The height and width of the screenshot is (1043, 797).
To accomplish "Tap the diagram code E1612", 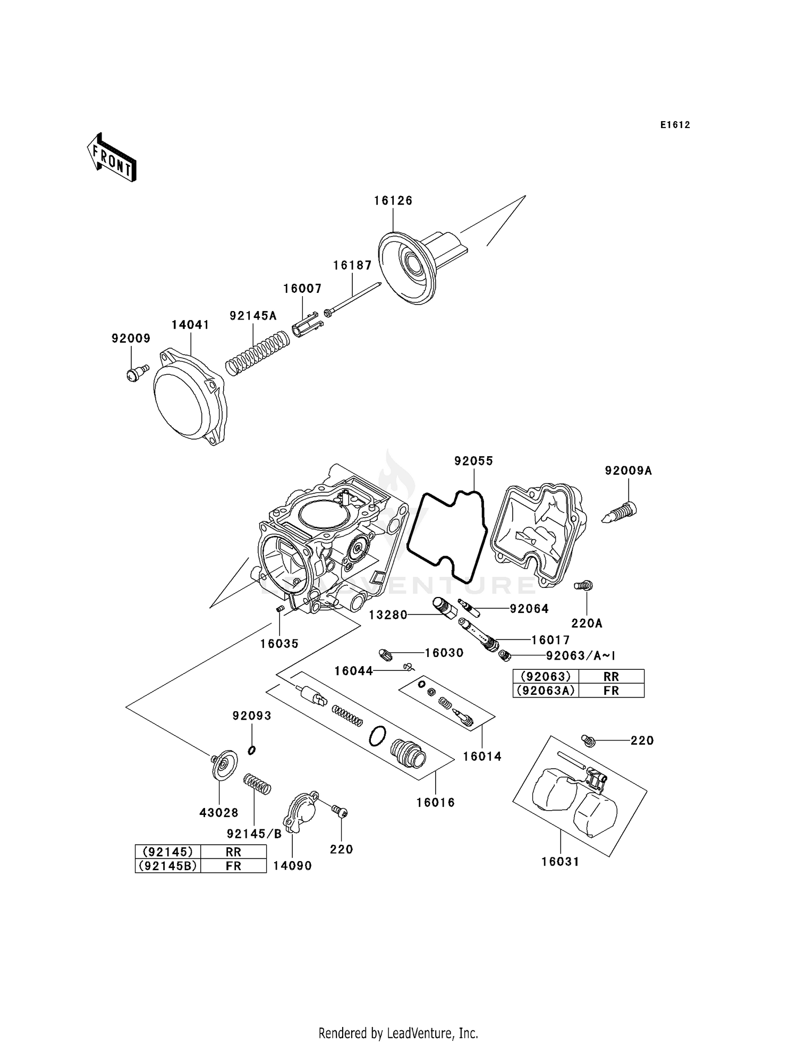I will click(675, 125).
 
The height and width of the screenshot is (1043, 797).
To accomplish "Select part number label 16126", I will click(393, 200).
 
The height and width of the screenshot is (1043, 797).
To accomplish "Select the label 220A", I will click(587, 623).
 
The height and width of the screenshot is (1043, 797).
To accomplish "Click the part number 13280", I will click(388, 615).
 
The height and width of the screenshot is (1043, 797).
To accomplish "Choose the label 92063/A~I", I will click(581, 655).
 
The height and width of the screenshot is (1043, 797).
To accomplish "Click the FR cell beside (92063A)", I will click(611, 691).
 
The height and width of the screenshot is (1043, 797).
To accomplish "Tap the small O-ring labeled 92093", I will click(252, 750).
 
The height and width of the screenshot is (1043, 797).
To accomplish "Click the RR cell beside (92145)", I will click(233, 852).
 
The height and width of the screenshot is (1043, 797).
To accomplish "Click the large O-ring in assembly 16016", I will click(377, 736).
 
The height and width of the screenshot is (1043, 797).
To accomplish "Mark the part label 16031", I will click(560, 862).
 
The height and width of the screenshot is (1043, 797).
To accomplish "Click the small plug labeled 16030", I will click(386, 654).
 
